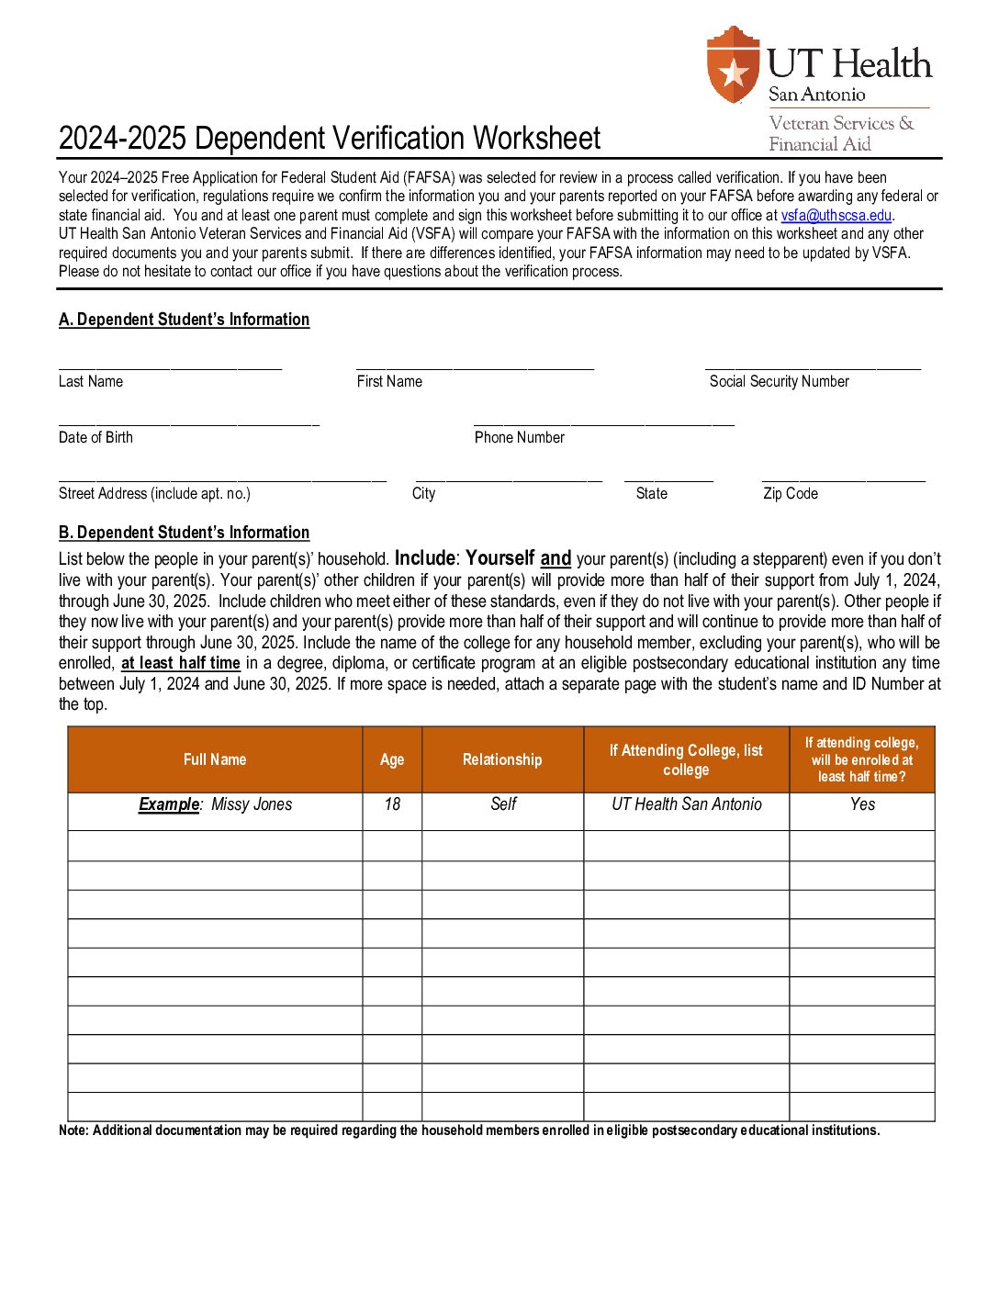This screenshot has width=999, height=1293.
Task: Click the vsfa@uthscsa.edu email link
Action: tap(836, 216)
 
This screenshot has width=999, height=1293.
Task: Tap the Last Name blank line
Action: tap(170, 365)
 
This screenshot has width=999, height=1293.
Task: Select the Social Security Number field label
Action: tap(779, 382)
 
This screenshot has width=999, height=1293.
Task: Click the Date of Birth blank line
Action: tap(188, 422)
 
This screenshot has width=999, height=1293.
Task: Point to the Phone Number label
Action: tap(519, 438)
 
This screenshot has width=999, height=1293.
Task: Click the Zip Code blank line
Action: tap(843, 478)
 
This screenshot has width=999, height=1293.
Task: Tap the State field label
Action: tap(651, 494)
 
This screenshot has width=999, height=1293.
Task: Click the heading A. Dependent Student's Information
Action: tap(184, 320)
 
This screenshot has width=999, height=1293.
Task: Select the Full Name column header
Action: tap(215, 760)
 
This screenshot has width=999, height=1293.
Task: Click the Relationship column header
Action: tap(502, 760)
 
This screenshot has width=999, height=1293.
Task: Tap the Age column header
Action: tap(392, 760)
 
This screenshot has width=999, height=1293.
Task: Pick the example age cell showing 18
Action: tap(392, 804)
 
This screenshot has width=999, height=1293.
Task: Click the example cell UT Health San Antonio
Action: tap(687, 804)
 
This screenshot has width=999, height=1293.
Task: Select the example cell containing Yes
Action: tap(862, 804)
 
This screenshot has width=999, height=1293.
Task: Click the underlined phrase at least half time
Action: tap(181, 663)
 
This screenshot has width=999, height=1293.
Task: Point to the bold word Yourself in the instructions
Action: tap(499, 558)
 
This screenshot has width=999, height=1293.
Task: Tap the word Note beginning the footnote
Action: tap(73, 1130)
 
